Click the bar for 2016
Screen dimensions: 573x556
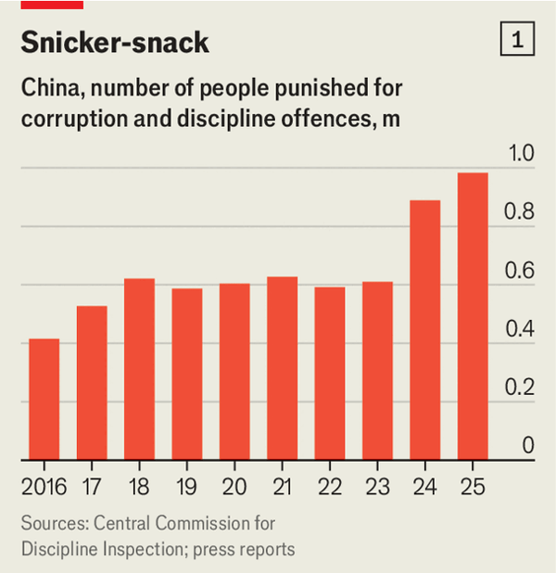(x=44, y=399)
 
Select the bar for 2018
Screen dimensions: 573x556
(x=139, y=369)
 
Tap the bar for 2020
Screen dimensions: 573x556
(x=234, y=371)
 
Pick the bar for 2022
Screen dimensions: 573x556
(x=329, y=373)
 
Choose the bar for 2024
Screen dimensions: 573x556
(x=424, y=329)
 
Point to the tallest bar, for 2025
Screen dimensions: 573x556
(x=472, y=316)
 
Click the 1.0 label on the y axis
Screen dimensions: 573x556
(x=522, y=154)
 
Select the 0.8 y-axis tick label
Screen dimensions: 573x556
(x=522, y=212)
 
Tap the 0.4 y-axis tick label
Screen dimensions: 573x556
(x=522, y=329)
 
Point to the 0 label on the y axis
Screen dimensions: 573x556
(x=528, y=446)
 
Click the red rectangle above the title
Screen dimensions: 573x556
(x=52, y=4)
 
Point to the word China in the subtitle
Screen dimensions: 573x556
(x=47, y=90)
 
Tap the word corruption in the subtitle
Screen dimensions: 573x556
(x=72, y=121)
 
